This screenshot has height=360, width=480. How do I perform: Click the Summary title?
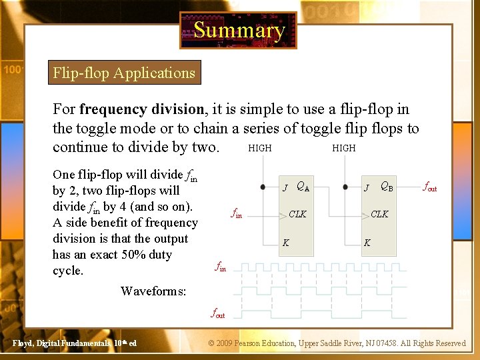(238, 30)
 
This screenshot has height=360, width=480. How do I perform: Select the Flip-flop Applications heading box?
(124, 73)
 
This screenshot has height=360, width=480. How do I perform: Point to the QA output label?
(303, 187)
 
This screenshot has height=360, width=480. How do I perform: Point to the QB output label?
(387, 187)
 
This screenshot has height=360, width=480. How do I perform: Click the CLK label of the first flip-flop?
(297, 214)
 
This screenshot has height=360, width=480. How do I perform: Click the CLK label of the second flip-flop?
(379, 214)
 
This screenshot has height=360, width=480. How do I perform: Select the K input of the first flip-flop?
(285, 243)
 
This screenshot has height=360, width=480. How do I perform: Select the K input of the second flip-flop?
(367, 243)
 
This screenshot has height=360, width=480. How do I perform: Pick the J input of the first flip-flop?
(285, 188)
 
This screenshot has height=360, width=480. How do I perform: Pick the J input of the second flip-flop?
(367, 188)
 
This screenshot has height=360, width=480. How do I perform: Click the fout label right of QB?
(431, 188)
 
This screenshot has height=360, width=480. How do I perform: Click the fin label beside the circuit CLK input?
(236, 214)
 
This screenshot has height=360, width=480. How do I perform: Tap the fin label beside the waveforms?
(221, 267)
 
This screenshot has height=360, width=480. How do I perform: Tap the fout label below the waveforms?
(218, 313)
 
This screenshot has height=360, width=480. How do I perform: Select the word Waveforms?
(153, 291)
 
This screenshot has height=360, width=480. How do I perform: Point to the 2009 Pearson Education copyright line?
(337, 343)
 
